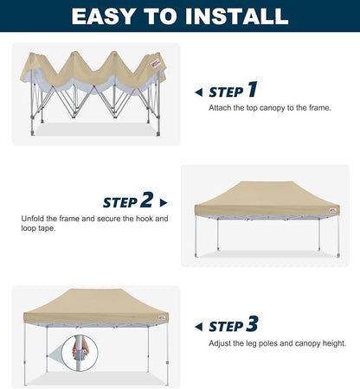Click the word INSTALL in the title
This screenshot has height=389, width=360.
[x=240, y=16]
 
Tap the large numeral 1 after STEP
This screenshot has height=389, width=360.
[x=252, y=89]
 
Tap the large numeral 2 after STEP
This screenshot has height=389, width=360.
[x=147, y=200]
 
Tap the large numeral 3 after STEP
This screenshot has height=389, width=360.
[x=252, y=324]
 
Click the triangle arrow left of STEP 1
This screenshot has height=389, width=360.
[x=199, y=92]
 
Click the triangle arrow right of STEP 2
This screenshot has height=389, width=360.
[x=164, y=202]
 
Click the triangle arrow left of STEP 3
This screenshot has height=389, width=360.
[x=199, y=327]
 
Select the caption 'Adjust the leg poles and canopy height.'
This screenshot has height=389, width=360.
[x=277, y=343]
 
